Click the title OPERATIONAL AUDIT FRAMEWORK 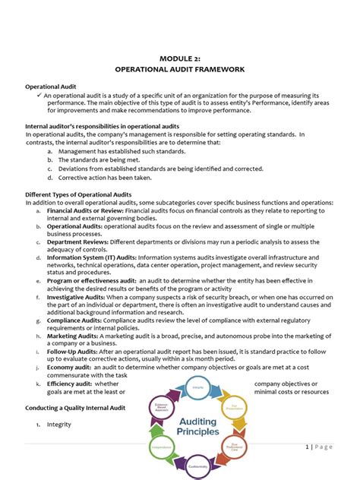[179, 69]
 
